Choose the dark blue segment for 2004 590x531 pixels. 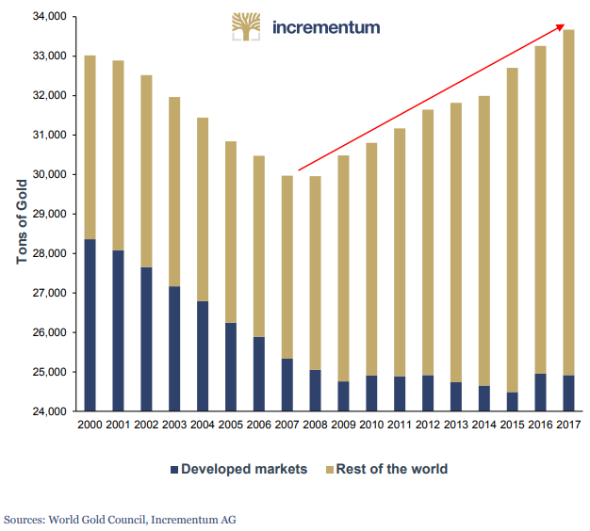point(204,356)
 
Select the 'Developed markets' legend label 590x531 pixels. point(244,469)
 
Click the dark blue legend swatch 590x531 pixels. point(173,469)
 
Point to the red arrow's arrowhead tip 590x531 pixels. point(566,24)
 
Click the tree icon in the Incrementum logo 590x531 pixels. point(248,26)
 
